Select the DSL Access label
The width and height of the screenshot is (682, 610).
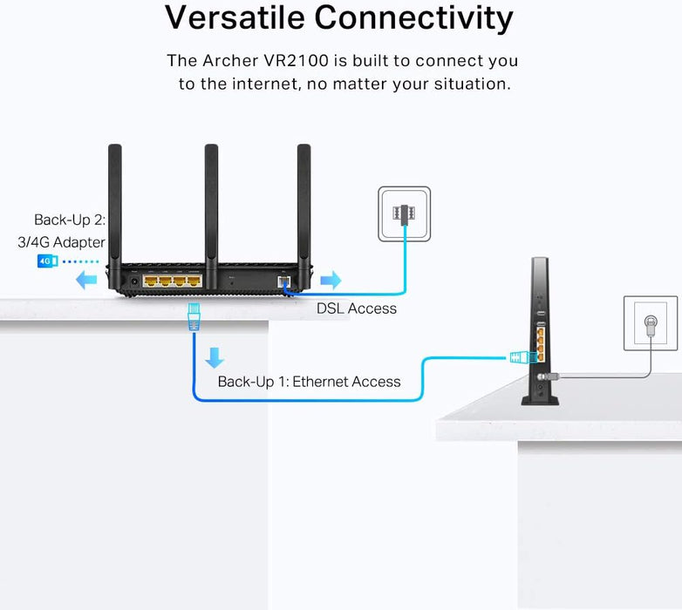(x=356, y=308)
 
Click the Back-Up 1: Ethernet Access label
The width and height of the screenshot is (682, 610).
(x=309, y=382)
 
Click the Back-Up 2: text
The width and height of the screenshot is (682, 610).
(x=70, y=220)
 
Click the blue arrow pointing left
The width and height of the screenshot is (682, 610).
(x=85, y=281)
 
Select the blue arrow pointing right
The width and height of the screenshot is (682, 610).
(x=331, y=281)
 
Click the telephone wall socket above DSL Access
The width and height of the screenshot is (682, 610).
(x=404, y=213)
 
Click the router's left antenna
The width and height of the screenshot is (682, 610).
(x=118, y=200)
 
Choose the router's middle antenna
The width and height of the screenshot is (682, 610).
(x=211, y=200)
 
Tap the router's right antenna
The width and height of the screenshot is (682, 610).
(x=303, y=200)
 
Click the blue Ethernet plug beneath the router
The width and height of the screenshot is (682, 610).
(x=194, y=315)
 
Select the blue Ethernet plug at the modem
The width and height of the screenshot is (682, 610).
(x=521, y=356)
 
